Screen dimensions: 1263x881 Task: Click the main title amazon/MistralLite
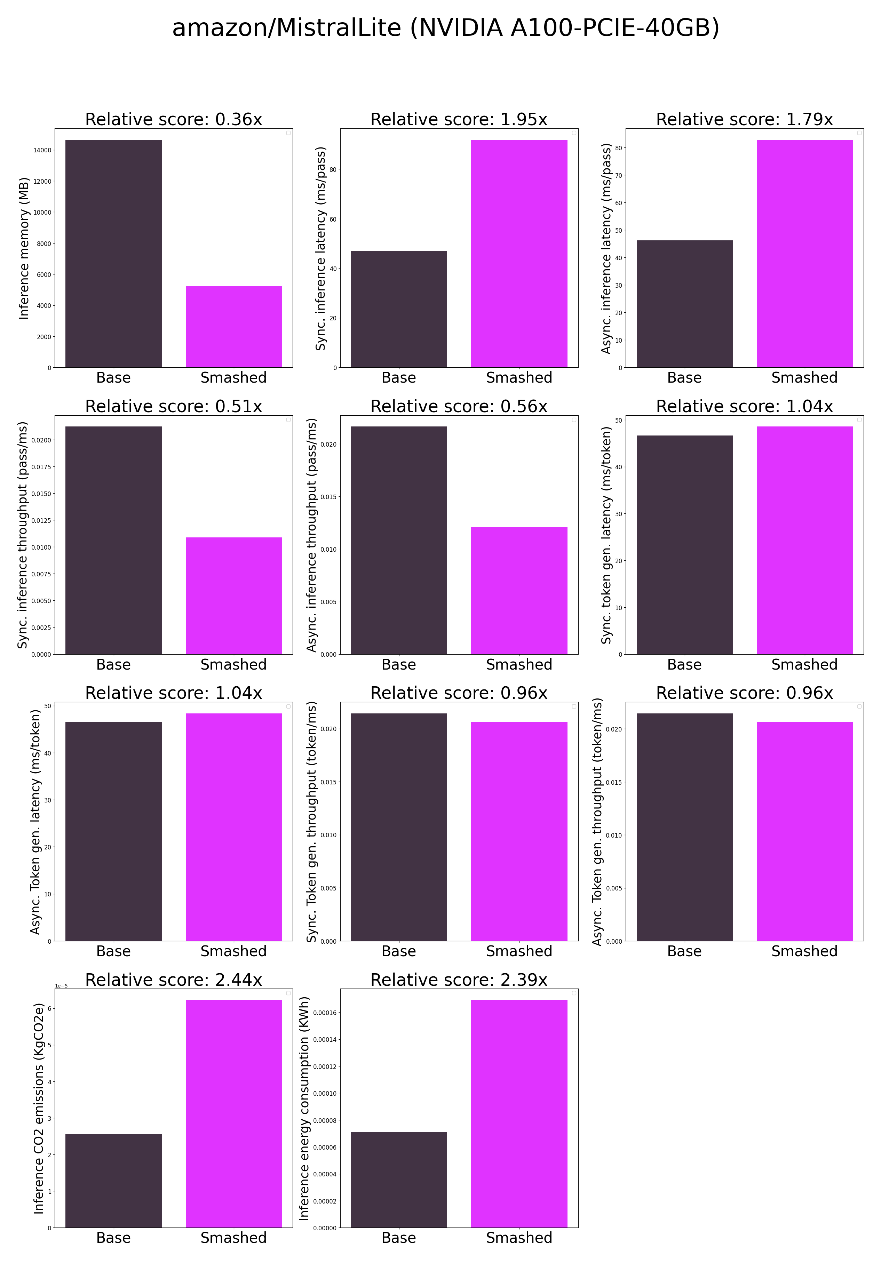[446, 27]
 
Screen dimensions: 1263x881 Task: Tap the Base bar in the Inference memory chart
[113, 253]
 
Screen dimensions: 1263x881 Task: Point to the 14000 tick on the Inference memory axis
[42, 150]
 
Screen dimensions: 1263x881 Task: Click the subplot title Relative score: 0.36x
[173, 119]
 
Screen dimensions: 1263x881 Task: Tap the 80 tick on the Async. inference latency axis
[619, 148]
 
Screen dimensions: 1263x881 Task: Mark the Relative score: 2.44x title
[173, 980]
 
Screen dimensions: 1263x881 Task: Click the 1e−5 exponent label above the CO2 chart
[61, 986]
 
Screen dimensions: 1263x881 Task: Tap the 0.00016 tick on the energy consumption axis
[325, 1013]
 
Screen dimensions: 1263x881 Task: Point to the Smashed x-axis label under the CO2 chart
[233, 1238]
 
